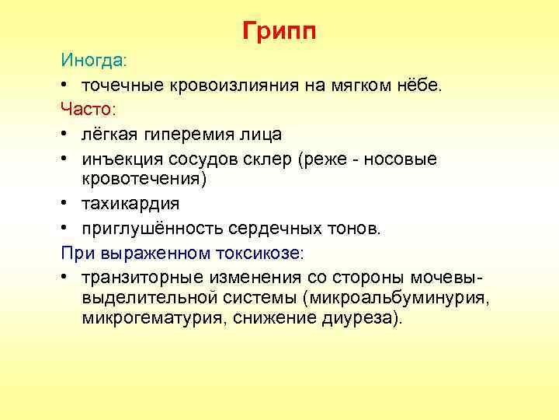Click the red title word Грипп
pos(279,32)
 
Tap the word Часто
pos(87,110)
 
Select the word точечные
pos(120,85)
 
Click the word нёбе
pos(418,85)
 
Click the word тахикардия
pos(130,204)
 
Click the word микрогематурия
pos(150,318)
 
